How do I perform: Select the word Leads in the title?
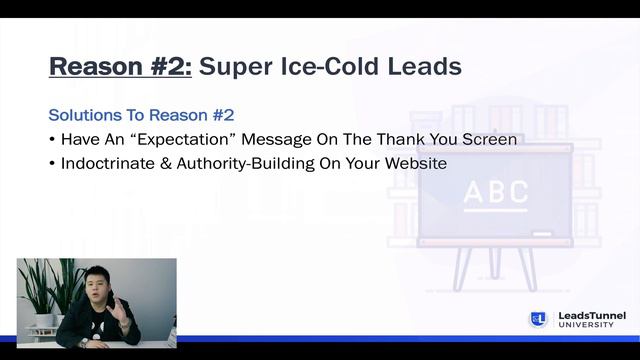pyautogui.click(x=424, y=67)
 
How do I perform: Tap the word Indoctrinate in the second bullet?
pyautogui.click(x=105, y=163)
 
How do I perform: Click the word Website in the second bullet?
pyautogui.click(x=415, y=163)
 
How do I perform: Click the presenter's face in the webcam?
pyautogui.click(x=98, y=287)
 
